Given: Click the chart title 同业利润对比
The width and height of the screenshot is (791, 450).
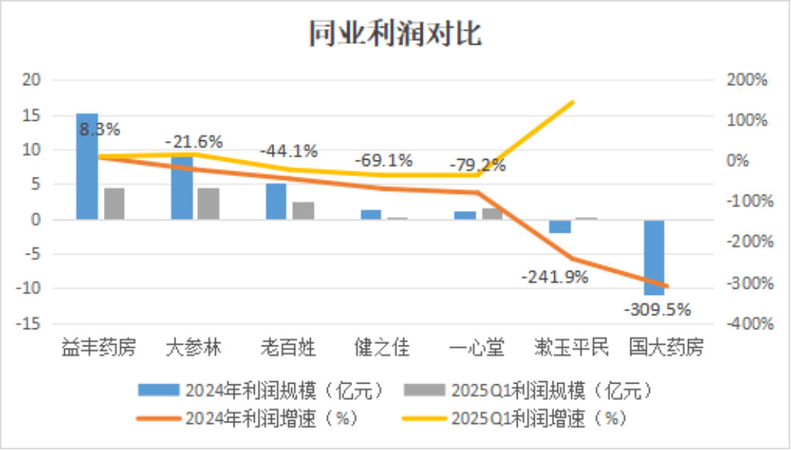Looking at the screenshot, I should tap(395, 34).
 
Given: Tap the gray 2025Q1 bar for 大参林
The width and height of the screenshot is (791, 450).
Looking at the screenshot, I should tap(208, 204).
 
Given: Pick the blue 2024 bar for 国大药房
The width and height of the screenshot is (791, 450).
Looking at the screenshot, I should tap(655, 257).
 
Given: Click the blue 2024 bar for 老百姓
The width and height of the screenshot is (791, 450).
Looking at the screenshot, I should tap(276, 201).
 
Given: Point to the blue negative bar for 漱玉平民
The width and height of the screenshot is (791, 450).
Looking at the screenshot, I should tap(560, 226).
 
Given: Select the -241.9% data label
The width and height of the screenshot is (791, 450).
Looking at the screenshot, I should tap(555, 276).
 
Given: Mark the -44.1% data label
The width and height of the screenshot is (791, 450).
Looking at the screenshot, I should tap(288, 150).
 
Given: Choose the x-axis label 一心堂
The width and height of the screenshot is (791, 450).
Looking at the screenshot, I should tap(477, 349).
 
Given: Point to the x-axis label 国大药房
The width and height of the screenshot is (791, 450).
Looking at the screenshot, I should tap(666, 349).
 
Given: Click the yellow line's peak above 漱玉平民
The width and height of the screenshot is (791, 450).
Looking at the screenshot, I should tap(572, 101).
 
